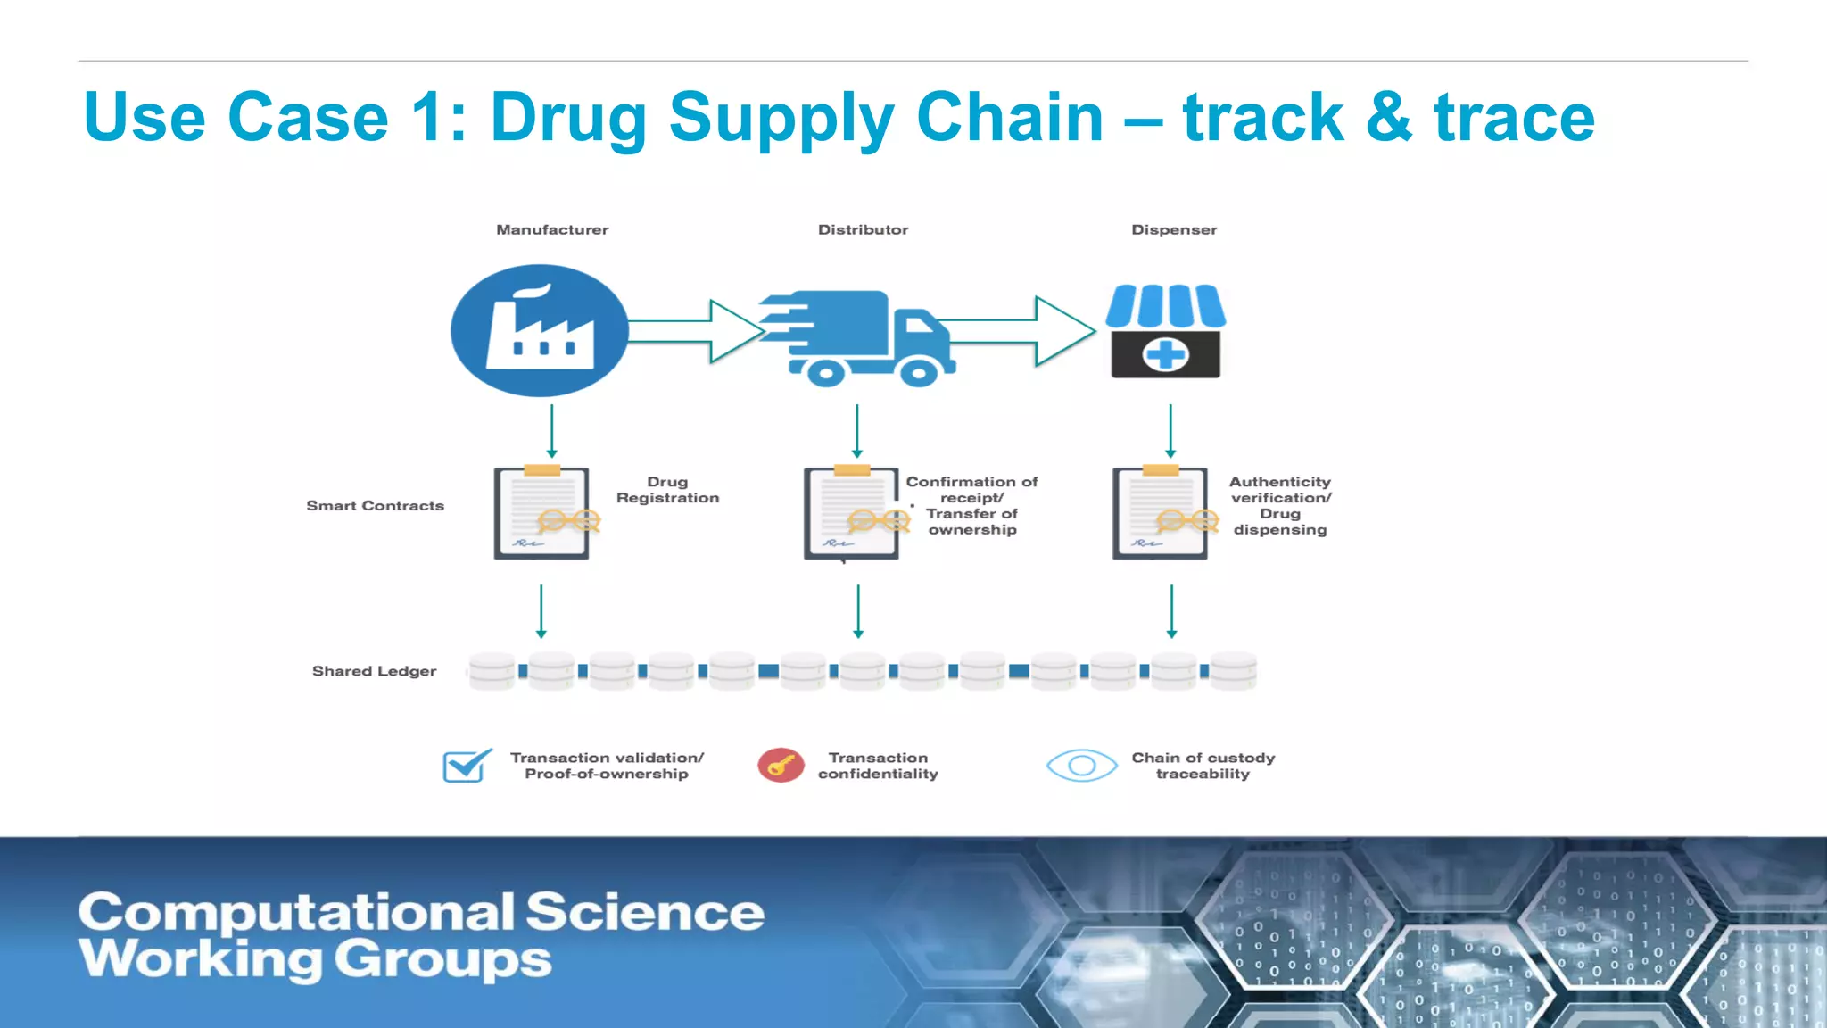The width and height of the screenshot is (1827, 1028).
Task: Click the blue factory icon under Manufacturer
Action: click(x=539, y=330)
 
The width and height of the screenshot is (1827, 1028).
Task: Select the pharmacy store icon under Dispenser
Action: click(x=1165, y=331)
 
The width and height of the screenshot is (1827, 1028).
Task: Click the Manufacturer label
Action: click(x=552, y=229)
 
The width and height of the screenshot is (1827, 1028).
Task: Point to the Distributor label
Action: click(x=863, y=229)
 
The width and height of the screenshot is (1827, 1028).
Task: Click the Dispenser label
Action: click(x=1173, y=229)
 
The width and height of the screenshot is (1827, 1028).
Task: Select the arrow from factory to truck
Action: click(x=696, y=331)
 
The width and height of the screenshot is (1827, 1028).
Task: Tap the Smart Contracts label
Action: click(x=375, y=505)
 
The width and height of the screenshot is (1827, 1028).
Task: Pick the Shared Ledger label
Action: click(x=374, y=670)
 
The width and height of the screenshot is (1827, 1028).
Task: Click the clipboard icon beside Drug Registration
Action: click(x=541, y=513)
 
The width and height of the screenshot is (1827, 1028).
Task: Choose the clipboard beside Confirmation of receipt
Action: click(x=851, y=513)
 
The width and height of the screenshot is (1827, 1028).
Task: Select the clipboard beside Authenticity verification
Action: click(x=1160, y=513)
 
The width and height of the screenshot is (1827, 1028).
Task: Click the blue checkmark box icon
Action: click(x=467, y=766)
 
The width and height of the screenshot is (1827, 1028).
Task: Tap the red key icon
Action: click(x=781, y=766)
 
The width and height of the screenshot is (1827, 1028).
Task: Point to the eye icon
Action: click(x=1081, y=766)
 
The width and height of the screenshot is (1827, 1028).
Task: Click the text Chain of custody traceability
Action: click(x=1203, y=766)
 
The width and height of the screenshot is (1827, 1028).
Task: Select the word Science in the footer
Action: click(x=644, y=912)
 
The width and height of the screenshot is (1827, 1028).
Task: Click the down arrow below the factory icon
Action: click(x=551, y=431)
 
